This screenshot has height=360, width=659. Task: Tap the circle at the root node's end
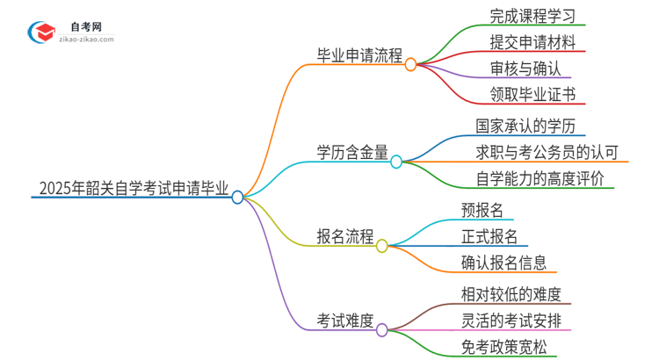click(x=237, y=198)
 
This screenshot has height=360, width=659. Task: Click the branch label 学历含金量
click(x=352, y=152)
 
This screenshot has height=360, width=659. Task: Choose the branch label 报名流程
click(x=345, y=237)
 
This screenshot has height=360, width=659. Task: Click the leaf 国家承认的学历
click(x=525, y=126)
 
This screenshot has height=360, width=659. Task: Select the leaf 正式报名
click(x=489, y=236)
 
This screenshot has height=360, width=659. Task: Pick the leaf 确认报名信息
click(x=503, y=262)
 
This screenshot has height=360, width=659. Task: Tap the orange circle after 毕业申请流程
click(x=410, y=63)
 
